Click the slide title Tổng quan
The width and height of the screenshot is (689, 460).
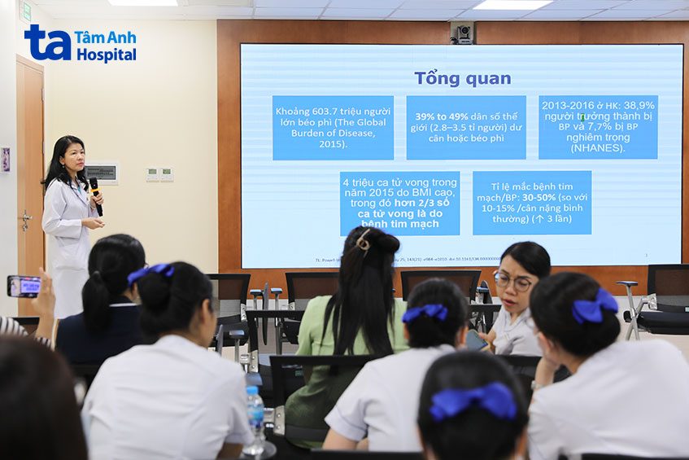(462, 78)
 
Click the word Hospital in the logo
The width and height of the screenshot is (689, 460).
(106, 55)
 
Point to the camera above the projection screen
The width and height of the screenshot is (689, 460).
(462, 33)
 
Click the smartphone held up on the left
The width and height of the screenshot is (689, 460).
(24, 286)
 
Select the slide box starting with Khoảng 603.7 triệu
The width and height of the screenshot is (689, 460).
(333, 128)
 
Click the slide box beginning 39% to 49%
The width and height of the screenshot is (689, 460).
(465, 128)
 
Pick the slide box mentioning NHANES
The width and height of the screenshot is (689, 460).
(598, 127)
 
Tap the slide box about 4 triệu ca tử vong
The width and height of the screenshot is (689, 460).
(399, 203)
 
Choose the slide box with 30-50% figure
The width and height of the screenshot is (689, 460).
(531, 203)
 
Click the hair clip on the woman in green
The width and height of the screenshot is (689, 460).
(364, 240)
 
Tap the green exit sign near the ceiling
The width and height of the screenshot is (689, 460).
(25, 11)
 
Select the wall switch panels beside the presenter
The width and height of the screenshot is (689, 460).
(159, 173)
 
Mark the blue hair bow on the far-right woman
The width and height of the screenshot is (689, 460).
(595, 307)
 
